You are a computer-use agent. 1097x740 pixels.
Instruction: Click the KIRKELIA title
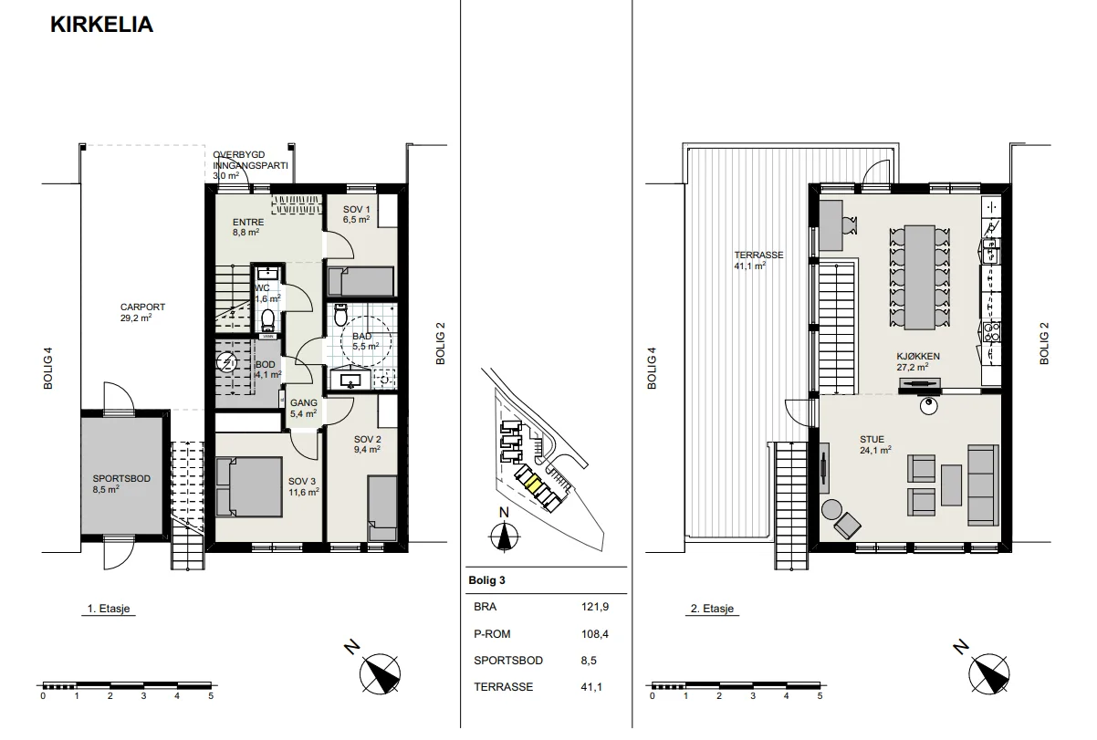tap(102, 25)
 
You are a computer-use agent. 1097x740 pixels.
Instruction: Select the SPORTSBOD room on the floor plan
tap(122, 475)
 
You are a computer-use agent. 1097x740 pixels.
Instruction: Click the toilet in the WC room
tap(267, 320)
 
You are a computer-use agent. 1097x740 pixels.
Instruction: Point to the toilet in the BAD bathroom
tap(340, 315)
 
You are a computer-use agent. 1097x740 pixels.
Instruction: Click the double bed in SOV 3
tap(249, 487)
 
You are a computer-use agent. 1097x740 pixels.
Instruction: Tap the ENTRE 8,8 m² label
tap(248, 227)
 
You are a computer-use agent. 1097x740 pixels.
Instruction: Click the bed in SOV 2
tap(382, 508)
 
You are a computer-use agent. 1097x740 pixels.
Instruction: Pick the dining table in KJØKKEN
tap(920, 277)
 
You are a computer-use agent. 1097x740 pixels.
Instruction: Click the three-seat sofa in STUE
tap(983, 485)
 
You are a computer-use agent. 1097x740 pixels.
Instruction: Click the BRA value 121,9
tap(594, 607)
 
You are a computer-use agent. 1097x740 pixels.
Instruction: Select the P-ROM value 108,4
tap(594, 634)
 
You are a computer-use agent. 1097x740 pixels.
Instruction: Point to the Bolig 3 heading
tap(486, 580)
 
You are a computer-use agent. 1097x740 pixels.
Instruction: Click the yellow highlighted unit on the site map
tap(532, 485)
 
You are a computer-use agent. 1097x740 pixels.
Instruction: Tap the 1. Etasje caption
tap(109, 609)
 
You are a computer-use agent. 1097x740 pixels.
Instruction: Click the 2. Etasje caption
tap(712, 609)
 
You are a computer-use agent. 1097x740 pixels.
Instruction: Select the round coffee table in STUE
tap(831, 510)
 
